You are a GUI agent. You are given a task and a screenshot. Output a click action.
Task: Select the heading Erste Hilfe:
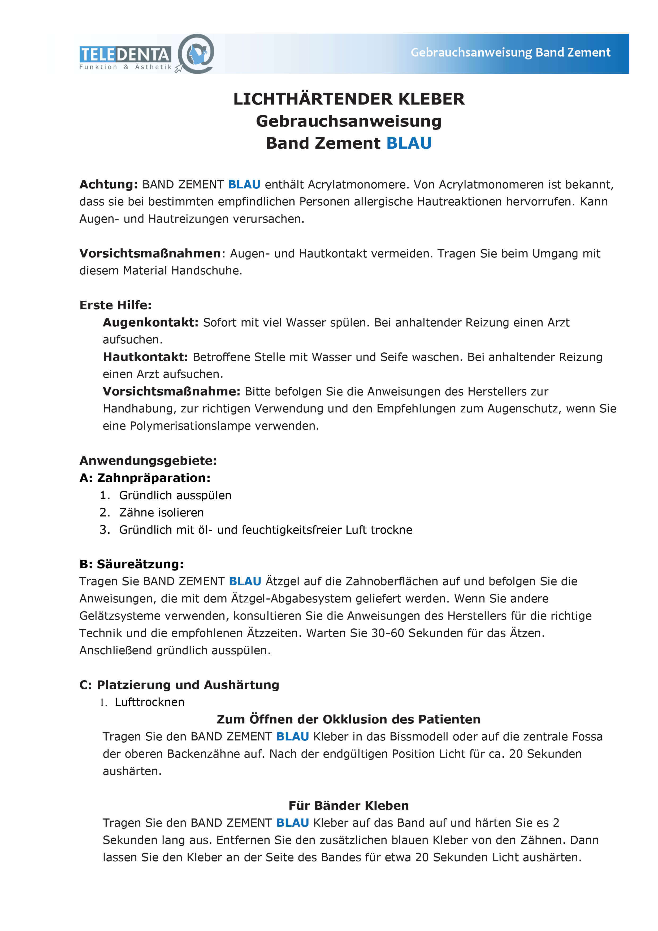click(115, 305)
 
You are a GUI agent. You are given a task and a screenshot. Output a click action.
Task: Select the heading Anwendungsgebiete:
click(148, 461)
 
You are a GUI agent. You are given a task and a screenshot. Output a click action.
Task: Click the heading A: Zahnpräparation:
click(145, 478)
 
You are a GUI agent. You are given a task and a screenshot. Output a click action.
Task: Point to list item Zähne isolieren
click(161, 512)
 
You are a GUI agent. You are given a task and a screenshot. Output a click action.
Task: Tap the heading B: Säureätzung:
click(131, 564)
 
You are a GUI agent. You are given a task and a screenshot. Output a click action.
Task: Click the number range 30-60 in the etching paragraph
click(388, 633)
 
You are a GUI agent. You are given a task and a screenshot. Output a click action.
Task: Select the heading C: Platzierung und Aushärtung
click(179, 685)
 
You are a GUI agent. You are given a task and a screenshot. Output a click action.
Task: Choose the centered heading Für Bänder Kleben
click(349, 806)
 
